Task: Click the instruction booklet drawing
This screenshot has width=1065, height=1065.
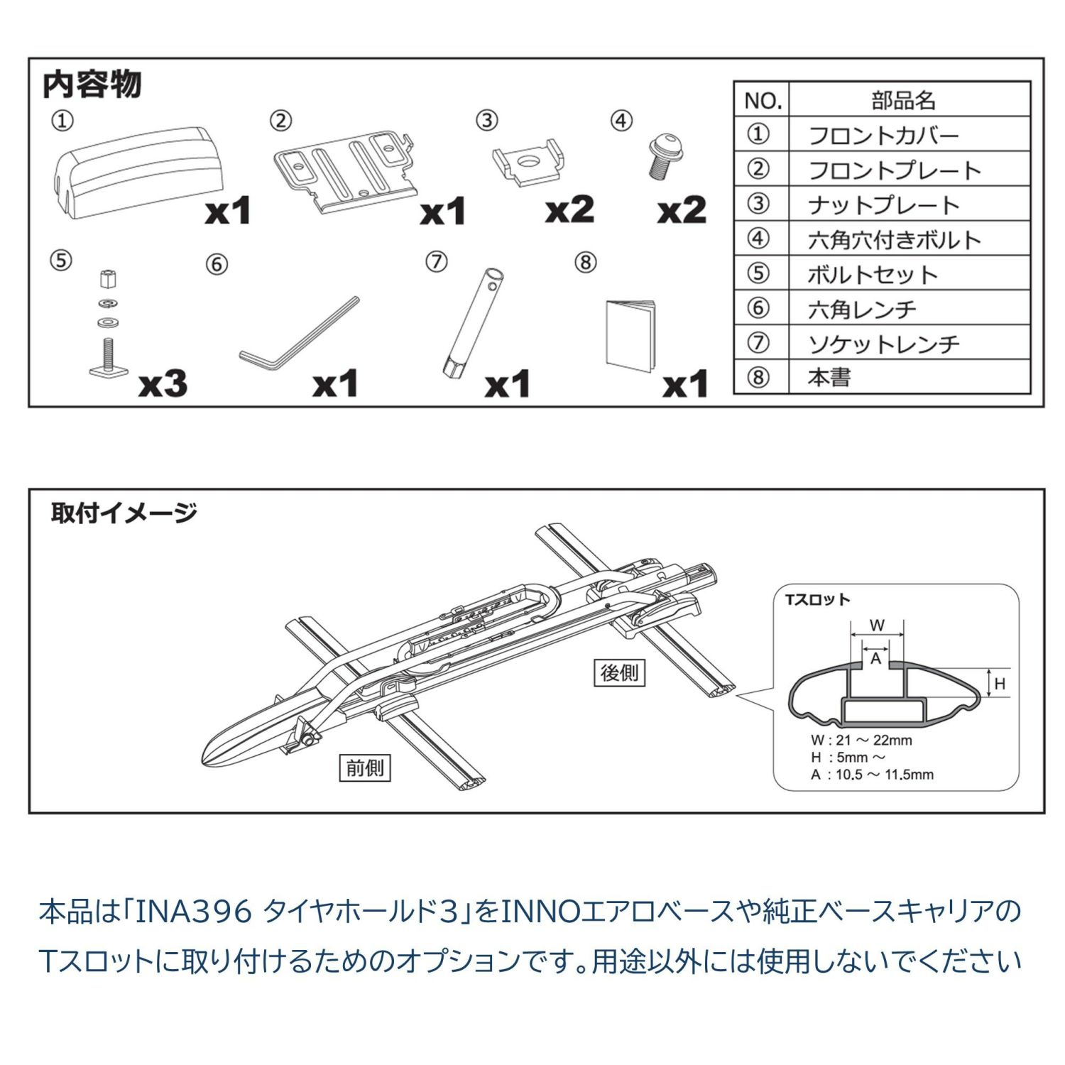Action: [630, 334]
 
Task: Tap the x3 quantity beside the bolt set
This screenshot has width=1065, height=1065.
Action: [163, 384]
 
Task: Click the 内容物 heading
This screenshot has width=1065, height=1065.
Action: [92, 85]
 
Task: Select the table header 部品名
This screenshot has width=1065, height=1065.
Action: [903, 100]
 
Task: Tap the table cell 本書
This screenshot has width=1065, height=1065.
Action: [829, 377]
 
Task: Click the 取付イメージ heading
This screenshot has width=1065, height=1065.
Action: [124, 512]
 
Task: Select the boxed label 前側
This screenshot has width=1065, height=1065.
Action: [364, 768]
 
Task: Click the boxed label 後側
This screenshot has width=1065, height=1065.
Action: [619, 672]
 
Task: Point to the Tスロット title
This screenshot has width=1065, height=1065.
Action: [818, 599]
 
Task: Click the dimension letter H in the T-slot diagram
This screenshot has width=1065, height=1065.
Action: [1000, 684]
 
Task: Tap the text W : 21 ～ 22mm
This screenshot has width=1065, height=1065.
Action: [861, 740]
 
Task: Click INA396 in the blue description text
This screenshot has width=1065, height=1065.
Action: [193, 911]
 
